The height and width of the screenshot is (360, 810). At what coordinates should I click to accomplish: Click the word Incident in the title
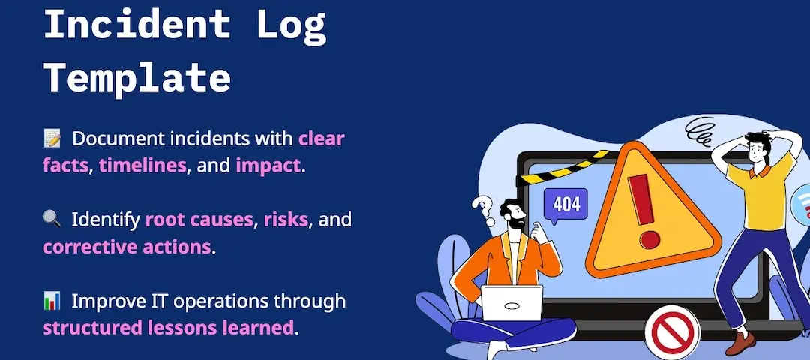[x=137, y=24]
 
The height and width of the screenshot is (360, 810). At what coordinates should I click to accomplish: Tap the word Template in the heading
[x=137, y=79]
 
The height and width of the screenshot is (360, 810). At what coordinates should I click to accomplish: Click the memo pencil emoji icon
[x=52, y=139]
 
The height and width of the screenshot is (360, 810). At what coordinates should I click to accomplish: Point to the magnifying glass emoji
[x=52, y=220]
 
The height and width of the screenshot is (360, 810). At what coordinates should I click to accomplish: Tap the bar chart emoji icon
[x=52, y=300]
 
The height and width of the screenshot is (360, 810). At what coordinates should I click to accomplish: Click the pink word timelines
[x=142, y=166]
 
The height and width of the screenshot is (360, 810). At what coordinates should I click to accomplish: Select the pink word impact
[x=268, y=166]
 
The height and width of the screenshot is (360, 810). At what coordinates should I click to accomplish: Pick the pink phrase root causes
[x=199, y=220]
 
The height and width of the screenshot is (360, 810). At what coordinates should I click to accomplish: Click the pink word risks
[x=286, y=220]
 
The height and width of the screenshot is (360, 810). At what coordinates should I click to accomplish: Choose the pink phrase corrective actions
[x=127, y=247]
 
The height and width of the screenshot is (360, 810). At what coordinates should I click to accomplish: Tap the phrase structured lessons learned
[x=168, y=328]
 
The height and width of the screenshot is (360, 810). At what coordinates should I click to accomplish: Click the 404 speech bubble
[x=565, y=205]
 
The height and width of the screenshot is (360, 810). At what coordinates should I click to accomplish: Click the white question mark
[x=484, y=211]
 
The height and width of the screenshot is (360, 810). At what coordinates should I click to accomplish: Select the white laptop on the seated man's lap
[x=511, y=303]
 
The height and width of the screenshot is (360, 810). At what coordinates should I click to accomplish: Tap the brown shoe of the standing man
[x=740, y=343]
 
